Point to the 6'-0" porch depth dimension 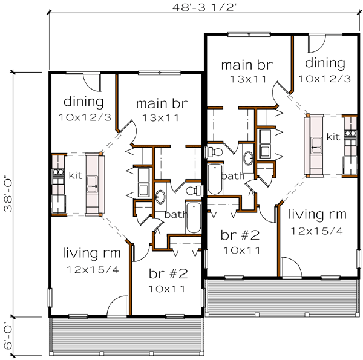click(7, 336)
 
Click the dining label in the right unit click(325, 63)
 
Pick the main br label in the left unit click(160, 103)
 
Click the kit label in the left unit click(75, 175)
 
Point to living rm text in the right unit click(316, 214)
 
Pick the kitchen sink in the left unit click(93, 183)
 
